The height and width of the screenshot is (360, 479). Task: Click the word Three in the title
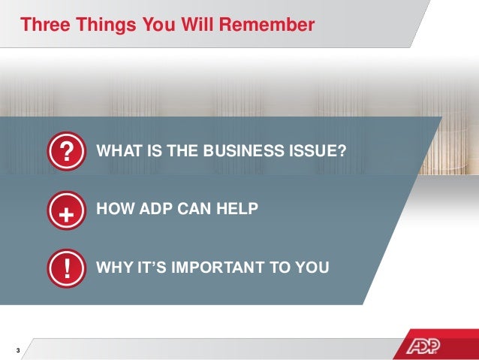47,25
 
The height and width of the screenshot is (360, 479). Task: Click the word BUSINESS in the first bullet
239,151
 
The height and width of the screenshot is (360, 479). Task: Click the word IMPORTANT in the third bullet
224,267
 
